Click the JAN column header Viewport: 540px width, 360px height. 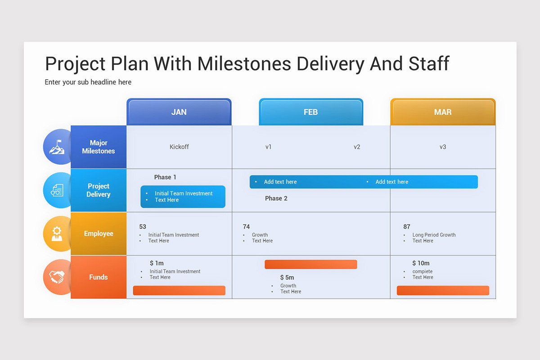click(x=179, y=112)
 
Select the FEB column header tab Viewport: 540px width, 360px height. click(x=310, y=112)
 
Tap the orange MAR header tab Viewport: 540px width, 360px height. click(x=443, y=112)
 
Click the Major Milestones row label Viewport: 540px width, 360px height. click(x=99, y=147)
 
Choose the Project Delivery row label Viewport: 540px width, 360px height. click(x=99, y=190)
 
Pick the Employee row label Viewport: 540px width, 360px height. click(x=99, y=234)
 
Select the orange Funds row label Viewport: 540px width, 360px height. click(x=99, y=277)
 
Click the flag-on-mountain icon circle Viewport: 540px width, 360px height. click(x=57, y=147)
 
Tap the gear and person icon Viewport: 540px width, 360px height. click(x=57, y=234)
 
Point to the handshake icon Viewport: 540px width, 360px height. click(x=57, y=277)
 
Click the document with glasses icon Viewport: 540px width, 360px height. click(x=57, y=190)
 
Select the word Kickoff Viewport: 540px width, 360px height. click(x=179, y=147)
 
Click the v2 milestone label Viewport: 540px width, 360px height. click(x=357, y=147)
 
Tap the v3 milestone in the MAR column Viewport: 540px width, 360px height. click(x=443, y=147)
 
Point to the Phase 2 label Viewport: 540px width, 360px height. click(x=276, y=198)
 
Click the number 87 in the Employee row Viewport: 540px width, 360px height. click(x=407, y=227)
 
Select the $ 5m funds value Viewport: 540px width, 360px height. click(x=287, y=278)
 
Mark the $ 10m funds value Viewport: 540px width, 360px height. click(x=421, y=263)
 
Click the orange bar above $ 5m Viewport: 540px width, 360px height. click(x=310, y=265)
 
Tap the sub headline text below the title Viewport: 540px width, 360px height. click(x=88, y=82)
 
